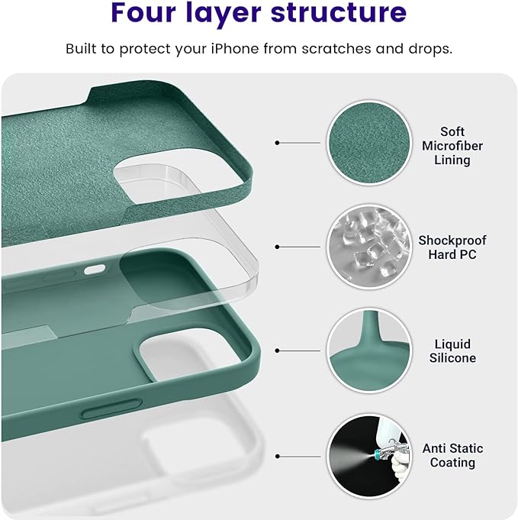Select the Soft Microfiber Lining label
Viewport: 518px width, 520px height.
[452, 146]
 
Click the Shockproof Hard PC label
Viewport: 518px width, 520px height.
[452, 247]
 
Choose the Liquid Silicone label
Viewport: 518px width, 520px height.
[452, 351]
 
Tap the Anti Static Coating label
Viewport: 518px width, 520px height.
[452, 456]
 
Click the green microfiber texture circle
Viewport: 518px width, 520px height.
[364, 143]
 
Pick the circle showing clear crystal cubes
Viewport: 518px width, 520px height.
[364, 246]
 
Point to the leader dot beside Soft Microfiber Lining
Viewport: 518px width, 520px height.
[278, 143]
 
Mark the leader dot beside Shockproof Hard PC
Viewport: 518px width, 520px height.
[278, 246]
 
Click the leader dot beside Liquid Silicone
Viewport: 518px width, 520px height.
[278, 350]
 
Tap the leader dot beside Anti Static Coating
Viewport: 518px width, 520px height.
[278, 455]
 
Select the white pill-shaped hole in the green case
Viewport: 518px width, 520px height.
[95, 269]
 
